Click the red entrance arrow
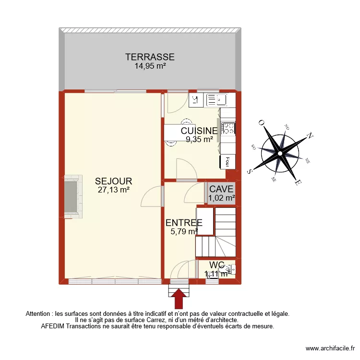coord(180,298)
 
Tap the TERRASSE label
coord(150,57)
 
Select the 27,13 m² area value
coord(114,190)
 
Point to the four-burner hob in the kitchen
coord(228,129)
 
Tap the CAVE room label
coord(221,189)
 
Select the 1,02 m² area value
coord(221,197)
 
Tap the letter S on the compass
coord(250,171)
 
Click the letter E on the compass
coord(298,183)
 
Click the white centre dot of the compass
coord(280,153)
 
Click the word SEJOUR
coord(113,181)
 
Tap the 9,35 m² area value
coord(200,140)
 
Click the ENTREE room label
coord(184,223)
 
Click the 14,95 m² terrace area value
coord(150,66)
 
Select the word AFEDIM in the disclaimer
coord(53,326)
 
